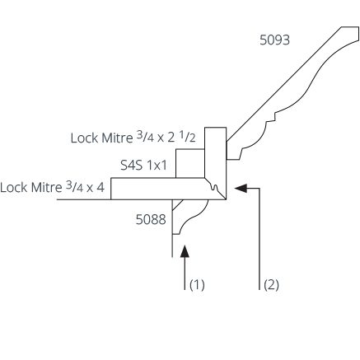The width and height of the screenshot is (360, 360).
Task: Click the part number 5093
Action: tap(274, 40)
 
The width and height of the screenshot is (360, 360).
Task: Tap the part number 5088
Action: tap(151, 219)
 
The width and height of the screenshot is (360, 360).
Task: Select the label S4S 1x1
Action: tap(143, 166)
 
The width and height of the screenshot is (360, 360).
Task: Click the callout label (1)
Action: tap(197, 285)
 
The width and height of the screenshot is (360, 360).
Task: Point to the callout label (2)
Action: tap(271, 285)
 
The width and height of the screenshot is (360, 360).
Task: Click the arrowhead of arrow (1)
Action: tap(185, 251)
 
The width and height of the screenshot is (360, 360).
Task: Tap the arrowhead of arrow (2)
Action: tap(241, 189)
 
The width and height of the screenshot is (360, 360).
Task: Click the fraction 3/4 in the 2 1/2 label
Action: tap(145, 136)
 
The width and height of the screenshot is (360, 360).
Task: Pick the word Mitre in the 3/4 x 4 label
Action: tap(46, 188)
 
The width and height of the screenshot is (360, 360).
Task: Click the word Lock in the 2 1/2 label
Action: tap(84, 138)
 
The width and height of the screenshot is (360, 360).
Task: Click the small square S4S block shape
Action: tap(190, 163)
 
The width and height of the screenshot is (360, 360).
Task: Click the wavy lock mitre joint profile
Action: tap(214, 187)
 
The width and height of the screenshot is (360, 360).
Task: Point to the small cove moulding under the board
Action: tap(187, 216)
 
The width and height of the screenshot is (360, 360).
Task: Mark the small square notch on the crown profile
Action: tap(272, 117)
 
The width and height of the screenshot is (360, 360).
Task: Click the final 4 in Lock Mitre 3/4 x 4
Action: tap(101, 187)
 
